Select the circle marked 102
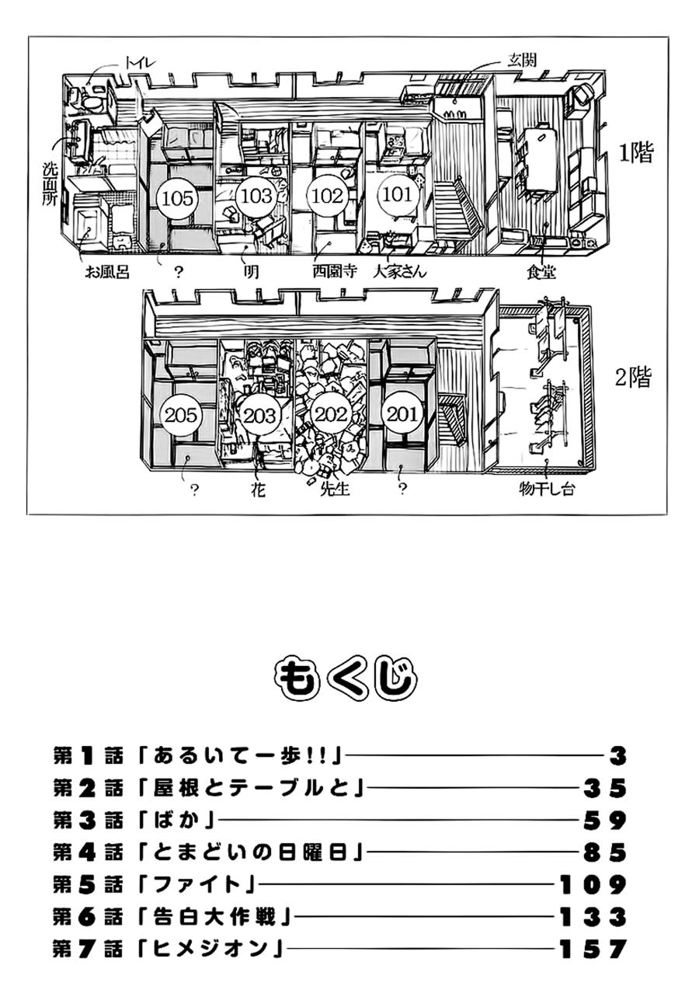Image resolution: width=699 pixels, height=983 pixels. point(326,196)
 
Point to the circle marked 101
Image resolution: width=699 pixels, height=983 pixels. point(398,194)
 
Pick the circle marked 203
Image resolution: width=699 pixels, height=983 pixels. point(259,416)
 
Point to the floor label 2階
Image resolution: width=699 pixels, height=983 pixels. point(633,378)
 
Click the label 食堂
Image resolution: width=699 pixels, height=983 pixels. point(542,272)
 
